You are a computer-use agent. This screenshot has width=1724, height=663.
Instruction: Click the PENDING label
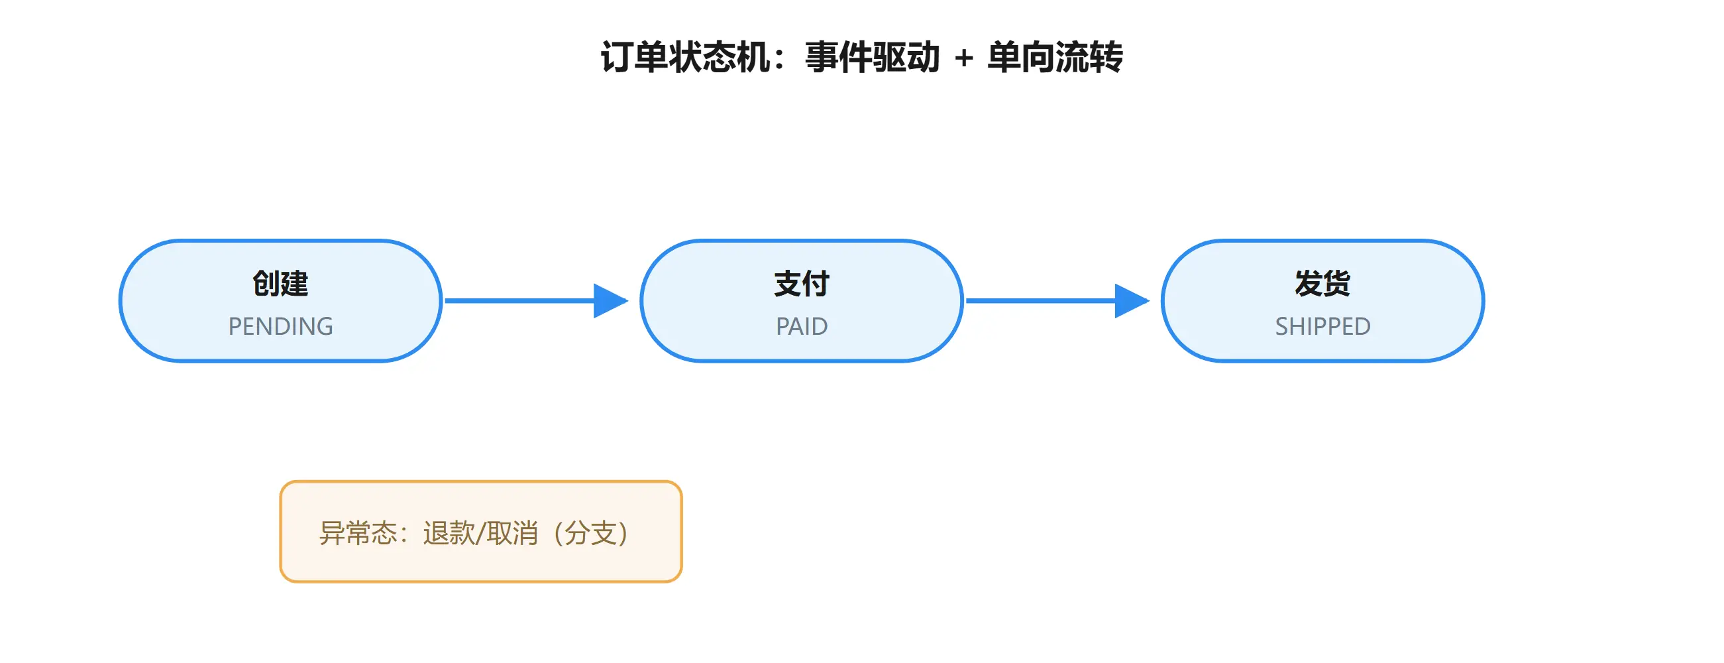[x=280, y=326]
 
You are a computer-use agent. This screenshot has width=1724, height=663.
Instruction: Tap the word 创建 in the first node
[x=280, y=283]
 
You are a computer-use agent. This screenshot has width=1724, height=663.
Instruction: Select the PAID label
[x=802, y=326]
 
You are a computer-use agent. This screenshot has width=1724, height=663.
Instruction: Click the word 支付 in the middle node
[x=802, y=283]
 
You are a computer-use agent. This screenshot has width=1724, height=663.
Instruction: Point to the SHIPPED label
[x=1322, y=326]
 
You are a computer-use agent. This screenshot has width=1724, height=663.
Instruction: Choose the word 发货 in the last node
[x=1322, y=283]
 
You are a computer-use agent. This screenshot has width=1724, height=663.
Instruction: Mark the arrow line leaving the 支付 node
[x=1057, y=301]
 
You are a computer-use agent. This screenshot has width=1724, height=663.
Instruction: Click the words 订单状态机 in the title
[x=685, y=57]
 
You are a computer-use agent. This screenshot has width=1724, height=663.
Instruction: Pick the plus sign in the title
[x=964, y=58]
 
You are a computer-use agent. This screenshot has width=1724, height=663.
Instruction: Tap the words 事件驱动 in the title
[x=873, y=57]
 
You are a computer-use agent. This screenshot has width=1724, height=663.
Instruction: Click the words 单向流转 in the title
[x=1055, y=57]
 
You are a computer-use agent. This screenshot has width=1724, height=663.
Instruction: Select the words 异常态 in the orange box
[x=358, y=533]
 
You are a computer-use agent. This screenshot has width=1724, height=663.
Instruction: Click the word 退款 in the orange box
[x=449, y=533]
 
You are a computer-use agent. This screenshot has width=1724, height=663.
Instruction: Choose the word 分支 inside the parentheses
[x=590, y=533]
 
